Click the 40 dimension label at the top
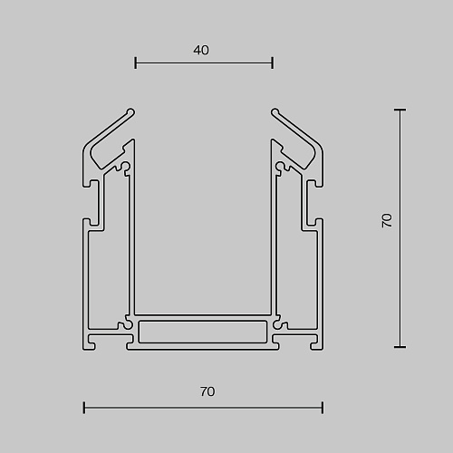(201, 50)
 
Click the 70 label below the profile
(207, 391)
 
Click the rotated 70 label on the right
(387, 220)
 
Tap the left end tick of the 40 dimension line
(136, 63)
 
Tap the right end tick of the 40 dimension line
(273, 63)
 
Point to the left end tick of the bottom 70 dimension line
(84, 408)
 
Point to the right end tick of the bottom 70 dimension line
(323, 408)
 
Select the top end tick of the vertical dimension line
(400, 110)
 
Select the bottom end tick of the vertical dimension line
(400, 347)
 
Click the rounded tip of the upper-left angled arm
(131, 112)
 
